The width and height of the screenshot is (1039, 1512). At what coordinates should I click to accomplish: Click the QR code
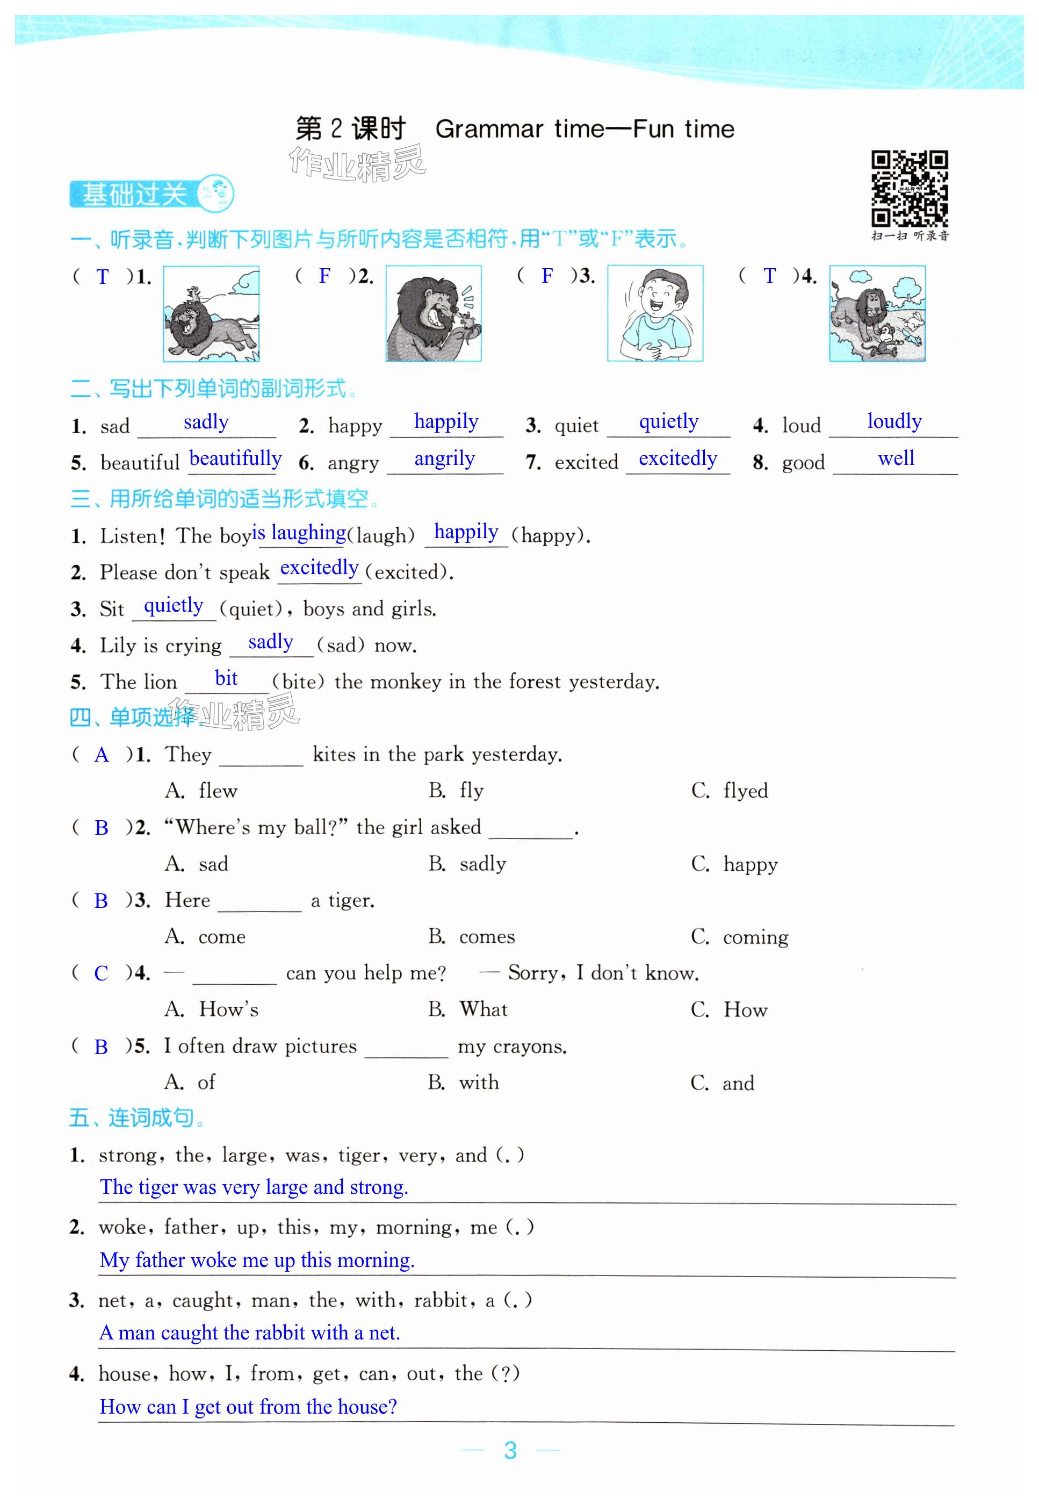[910, 189]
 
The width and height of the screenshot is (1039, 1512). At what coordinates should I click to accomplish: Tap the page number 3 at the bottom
[510, 1450]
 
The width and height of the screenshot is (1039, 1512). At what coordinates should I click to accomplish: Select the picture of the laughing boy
[655, 313]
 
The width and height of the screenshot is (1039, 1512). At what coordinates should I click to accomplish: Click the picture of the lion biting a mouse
[434, 313]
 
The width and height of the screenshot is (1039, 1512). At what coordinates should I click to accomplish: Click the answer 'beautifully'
[235, 459]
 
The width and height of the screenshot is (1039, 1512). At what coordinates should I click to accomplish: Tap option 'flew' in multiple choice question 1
[218, 791]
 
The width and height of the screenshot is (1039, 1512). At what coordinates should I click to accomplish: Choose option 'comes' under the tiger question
[487, 936]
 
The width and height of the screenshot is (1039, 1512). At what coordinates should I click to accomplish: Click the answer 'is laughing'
[299, 533]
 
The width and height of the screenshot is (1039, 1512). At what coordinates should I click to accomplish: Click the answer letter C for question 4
[101, 973]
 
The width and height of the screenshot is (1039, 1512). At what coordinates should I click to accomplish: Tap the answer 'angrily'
[445, 460]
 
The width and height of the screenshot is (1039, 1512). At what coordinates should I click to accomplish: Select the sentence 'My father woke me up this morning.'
[257, 1260]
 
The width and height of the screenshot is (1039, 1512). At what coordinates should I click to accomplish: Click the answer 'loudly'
[894, 422]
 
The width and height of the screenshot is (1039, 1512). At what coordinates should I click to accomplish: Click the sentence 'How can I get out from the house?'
[248, 1407]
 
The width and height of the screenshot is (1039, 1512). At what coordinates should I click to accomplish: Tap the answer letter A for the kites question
[101, 755]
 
